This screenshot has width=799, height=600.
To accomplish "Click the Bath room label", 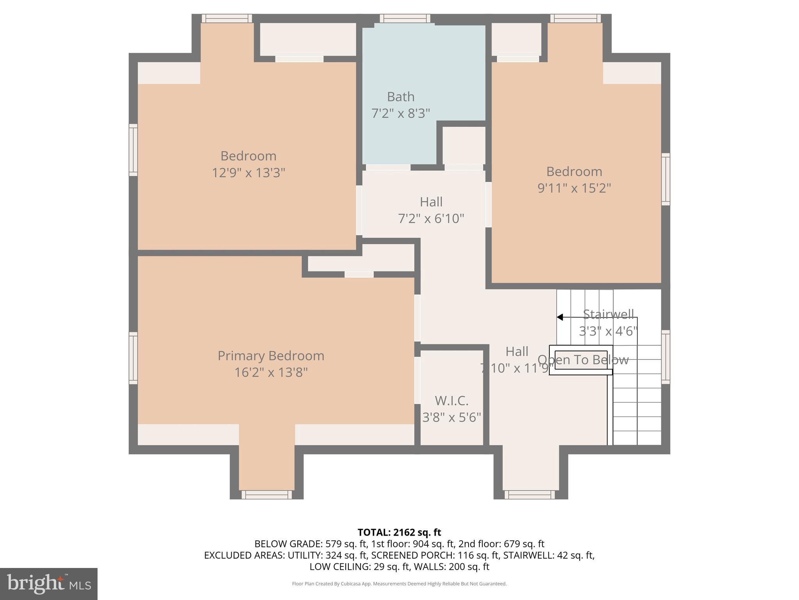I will pyautogui.click(x=401, y=96).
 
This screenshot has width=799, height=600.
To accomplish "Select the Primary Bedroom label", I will pyautogui.click(x=271, y=355).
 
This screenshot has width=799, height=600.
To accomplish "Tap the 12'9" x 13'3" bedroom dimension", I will pyautogui.click(x=249, y=173).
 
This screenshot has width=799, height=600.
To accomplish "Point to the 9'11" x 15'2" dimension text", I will pyautogui.click(x=574, y=188).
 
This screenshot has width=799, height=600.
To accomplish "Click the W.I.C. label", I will pyautogui.click(x=451, y=401).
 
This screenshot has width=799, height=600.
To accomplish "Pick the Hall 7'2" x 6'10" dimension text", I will pyautogui.click(x=431, y=218).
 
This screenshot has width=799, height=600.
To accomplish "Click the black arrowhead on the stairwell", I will pyautogui.click(x=560, y=317).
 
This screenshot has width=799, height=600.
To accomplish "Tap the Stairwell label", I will pyautogui.click(x=608, y=314).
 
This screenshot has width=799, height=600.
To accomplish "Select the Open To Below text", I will pyautogui.click(x=583, y=360).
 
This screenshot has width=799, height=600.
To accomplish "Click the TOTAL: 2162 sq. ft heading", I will pyautogui.click(x=399, y=532).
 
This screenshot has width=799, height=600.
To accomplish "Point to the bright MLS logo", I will pyautogui.click(x=49, y=584).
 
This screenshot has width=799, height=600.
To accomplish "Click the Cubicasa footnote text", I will pyautogui.click(x=399, y=584).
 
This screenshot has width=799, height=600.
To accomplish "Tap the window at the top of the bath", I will pyautogui.click(x=405, y=18).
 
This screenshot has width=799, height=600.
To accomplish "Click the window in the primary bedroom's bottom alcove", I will pyautogui.click(x=266, y=495).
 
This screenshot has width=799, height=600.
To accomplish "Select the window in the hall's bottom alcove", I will pyautogui.click(x=530, y=495).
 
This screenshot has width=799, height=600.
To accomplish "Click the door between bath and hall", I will pyautogui.click(x=388, y=168).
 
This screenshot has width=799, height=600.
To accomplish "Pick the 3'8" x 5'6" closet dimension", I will pyautogui.click(x=452, y=418).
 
